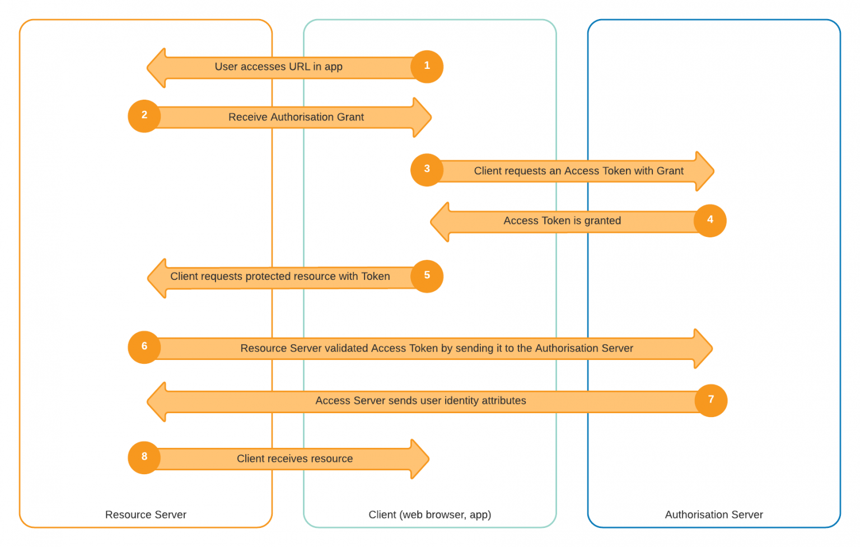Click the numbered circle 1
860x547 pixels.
point(427,67)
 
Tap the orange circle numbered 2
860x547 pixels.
point(144,116)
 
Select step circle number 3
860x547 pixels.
point(427,170)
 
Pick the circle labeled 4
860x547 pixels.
point(710,221)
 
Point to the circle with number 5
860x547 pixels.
point(427,276)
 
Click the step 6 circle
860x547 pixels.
point(144,347)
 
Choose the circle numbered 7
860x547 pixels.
point(711,400)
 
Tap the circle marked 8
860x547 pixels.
point(144,457)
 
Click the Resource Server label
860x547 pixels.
point(146,515)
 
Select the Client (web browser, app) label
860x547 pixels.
point(429,515)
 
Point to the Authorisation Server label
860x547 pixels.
point(713,515)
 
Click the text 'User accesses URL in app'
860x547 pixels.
point(278,67)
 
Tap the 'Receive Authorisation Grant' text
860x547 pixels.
point(296,117)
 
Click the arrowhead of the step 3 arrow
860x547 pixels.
point(704,171)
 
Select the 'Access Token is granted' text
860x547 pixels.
point(562,221)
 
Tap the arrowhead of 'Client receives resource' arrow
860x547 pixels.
point(420,459)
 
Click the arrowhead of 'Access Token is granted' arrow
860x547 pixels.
point(441,222)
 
